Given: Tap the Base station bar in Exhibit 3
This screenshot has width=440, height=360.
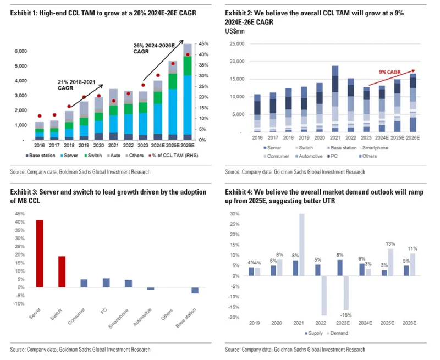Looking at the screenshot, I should (x=195, y=290).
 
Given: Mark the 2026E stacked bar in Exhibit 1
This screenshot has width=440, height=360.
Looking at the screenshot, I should (x=188, y=91).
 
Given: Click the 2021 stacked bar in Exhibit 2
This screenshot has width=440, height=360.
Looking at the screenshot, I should (x=334, y=99).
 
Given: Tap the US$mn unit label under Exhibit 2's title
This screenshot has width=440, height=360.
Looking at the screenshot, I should (x=234, y=31).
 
